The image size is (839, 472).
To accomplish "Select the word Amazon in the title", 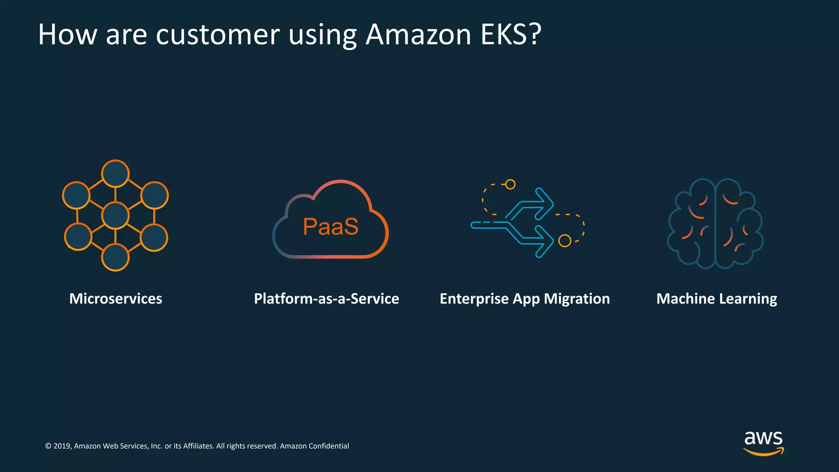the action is [x=418, y=34].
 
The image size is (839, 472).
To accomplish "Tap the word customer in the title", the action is [x=218, y=34].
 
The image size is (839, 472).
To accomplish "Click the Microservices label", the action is [x=116, y=299].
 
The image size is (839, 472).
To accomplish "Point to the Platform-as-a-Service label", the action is [x=326, y=299].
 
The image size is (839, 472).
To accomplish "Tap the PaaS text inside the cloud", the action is [x=331, y=227].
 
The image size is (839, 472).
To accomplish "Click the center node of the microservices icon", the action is [x=116, y=216].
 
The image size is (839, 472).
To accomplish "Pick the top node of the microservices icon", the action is [x=116, y=174].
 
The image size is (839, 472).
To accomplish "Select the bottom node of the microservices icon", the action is [x=116, y=257].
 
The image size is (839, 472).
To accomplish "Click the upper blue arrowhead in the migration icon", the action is [x=545, y=204].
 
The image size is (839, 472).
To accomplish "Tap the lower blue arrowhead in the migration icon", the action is [x=545, y=241].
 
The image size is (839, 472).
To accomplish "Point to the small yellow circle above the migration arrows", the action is [x=510, y=184].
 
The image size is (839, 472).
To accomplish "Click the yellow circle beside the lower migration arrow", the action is [x=565, y=241].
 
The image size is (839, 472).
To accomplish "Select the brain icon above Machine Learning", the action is [x=715, y=223].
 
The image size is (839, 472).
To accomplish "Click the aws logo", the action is [x=763, y=442].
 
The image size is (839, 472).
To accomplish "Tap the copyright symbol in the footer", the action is [x=48, y=446].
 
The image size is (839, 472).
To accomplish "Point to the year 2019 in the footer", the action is [x=62, y=446].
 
